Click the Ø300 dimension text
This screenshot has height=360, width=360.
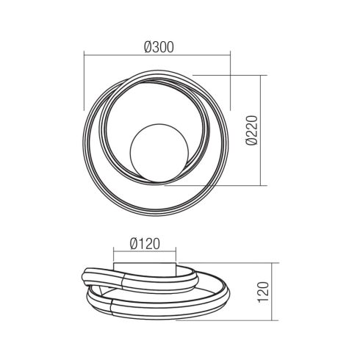157,46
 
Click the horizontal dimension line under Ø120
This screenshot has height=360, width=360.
144,251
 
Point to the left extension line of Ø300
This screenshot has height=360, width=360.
84,81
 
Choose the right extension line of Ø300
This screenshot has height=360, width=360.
231,81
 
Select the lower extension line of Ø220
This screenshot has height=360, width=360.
220,186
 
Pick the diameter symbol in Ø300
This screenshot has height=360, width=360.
148,46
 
